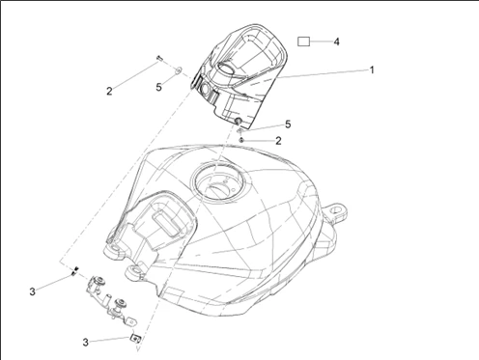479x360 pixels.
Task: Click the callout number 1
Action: (x=372, y=69)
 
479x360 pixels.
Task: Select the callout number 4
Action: (x=336, y=42)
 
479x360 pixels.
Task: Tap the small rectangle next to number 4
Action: (x=303, y=42)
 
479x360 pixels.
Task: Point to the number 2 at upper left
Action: (x=109, y=91)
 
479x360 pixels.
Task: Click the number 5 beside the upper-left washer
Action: (x=158, y=87)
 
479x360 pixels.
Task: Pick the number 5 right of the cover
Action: (x=288, y=125)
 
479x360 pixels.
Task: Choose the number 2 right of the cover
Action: (x=278, y=141)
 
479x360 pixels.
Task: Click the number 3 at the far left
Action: (x=32, y=291)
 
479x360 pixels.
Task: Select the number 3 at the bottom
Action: (x=85, y=342)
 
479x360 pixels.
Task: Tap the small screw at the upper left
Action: (x=159, y=58)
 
